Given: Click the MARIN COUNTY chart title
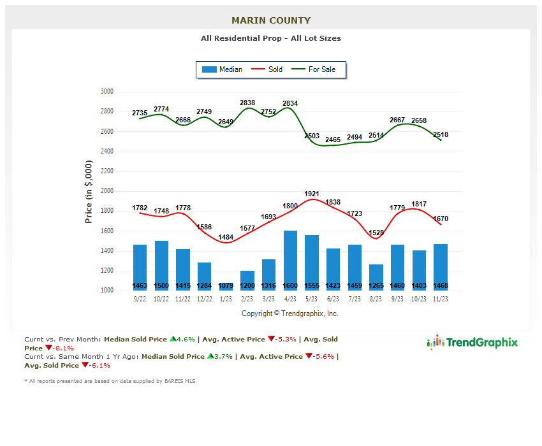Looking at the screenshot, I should pyautogui.click(x=271, y=20).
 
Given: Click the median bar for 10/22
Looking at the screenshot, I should pyautogui.click(x=161, y=265).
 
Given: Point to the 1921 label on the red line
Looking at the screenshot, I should pyautogui.click(x=312, y=194).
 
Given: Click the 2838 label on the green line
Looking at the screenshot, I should pyautogui.click(x=247, y=103).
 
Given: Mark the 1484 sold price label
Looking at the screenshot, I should pyautogui.click(x=226, y=237).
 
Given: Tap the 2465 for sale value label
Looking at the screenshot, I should pyautogui.click(x=333, y=140).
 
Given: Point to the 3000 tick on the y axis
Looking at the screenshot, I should pyautogui.click(x=106, y=92).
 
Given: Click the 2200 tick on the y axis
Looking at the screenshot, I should pyautogui.click(x=106, y=171).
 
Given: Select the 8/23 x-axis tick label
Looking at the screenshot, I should pyautogui.click(x=376, y=299).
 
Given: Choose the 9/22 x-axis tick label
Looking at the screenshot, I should pyautogui.click(x=140, y=299).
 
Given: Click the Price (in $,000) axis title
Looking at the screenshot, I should pyautogui.click(x=89, y=191).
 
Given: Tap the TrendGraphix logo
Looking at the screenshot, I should pyautogui.click(x=472, y=343).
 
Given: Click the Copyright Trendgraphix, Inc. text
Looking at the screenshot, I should pyautogui.click(x=290, y=313).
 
